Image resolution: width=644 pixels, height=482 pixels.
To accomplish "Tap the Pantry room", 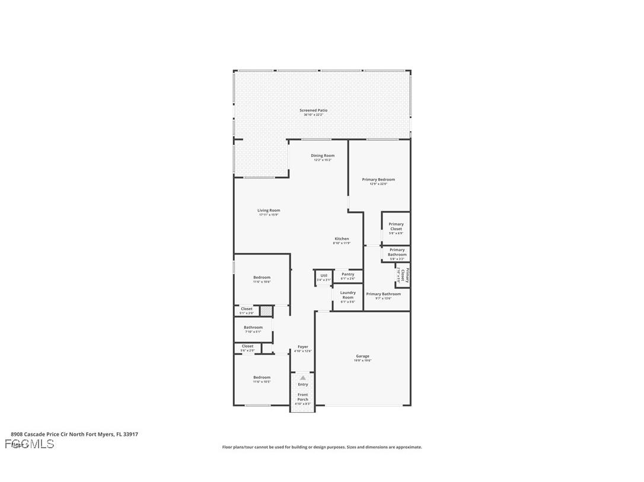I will (x=347, y=276).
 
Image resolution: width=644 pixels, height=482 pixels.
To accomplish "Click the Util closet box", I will (x=324, y=277).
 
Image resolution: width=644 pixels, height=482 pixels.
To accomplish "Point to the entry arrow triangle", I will (x=303, y=377).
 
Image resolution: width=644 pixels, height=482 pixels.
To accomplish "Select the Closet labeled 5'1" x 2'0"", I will (x=246, y=310).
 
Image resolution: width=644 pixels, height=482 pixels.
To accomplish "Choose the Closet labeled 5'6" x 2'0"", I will (x=247, y=348).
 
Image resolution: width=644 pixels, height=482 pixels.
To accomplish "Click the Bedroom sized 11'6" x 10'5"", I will (x=262, y=379).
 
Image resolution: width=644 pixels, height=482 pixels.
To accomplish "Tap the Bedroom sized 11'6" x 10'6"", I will (x=262, y=279).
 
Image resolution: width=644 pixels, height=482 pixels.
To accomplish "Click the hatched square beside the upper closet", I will (x=266, y=310).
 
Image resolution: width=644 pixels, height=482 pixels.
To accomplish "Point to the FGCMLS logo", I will (x=30, y=444).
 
